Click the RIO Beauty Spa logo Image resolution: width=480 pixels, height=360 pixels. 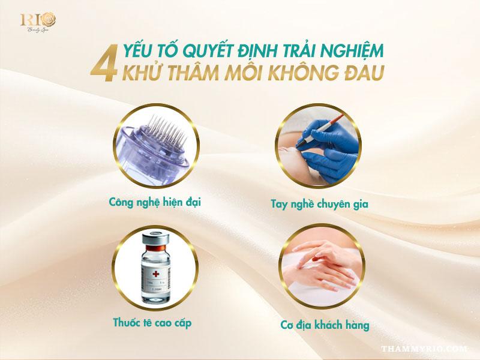coord(38,22)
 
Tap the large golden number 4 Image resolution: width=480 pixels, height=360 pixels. coord(104,64)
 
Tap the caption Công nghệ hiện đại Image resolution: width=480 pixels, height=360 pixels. coord(155,202)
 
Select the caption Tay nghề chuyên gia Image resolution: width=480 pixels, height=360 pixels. coord(320,204)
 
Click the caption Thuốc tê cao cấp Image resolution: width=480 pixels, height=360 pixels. coord(152,323)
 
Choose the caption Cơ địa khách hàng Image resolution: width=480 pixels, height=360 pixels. coord(325,325)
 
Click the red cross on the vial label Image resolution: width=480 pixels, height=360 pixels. coord(156,274)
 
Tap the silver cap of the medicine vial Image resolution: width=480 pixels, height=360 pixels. coord(155,239)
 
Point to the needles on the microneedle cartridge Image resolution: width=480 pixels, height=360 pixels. coord(168,129)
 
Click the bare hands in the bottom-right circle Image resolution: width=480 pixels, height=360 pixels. coord(322,264)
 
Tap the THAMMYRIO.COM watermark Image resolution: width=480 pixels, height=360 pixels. coord(424,349)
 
